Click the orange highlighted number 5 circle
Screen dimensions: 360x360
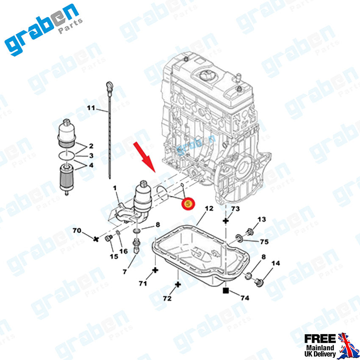(188, 204)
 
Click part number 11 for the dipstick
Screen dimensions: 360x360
(91, 108)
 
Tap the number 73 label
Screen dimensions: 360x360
(235, 209)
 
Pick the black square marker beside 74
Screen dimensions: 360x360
(226, 291)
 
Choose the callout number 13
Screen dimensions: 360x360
(262, 219)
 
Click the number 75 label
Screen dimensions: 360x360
(264, 242)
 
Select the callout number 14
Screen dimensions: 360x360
(276, 263)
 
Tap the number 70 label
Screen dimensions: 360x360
(77, 231)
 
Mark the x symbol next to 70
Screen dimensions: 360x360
(97, 239)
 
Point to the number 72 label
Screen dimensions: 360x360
(167, 299)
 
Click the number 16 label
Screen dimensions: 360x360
(123, 251)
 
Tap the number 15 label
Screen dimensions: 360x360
(114, 257)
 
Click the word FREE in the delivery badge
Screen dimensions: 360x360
(321, 338)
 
